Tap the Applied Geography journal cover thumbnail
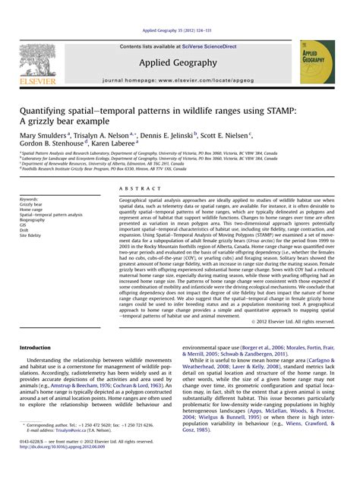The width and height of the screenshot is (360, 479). [x=317, y=62]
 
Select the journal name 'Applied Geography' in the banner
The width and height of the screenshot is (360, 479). [x=178, y=64]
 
